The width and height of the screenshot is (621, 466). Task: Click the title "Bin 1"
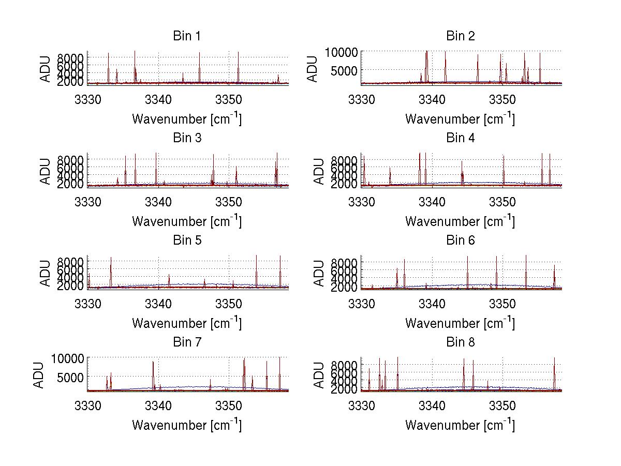click(x=187, y=36)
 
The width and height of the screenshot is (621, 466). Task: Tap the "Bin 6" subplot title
click(x=460, y=240)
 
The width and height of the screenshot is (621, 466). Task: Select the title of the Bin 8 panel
click(x=460, y=342)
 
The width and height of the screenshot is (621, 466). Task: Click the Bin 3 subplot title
click(x=187, y=138)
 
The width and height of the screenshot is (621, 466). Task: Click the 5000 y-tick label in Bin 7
click(x=68, y=378)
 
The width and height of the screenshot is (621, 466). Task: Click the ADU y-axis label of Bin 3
click(x=46, y=171)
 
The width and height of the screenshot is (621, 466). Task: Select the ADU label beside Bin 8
click(x=319, y=375)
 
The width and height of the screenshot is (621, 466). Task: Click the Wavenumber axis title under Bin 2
click(x=460, y=118)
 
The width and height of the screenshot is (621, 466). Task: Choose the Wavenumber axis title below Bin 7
click(x=187, y=425)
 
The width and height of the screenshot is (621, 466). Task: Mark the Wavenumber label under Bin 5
click(x=187, y=323)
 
